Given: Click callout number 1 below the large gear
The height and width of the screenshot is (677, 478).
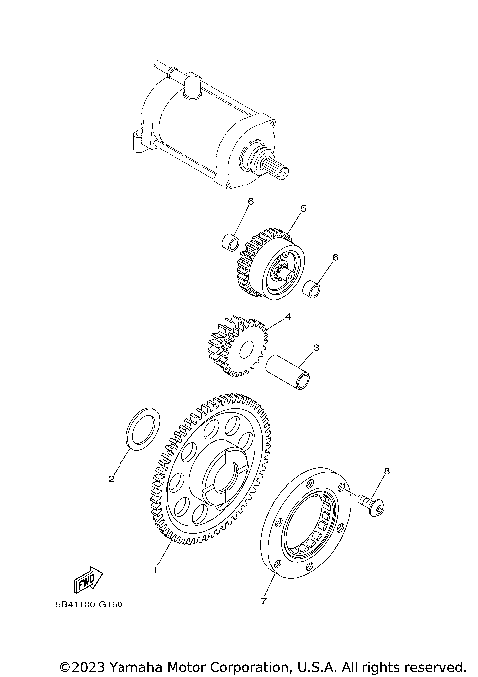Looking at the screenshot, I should tap(154, 570).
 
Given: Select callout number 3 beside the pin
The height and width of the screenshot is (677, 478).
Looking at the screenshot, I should tap(315, 348).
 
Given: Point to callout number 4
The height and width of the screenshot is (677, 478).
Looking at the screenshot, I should tap(288, 318).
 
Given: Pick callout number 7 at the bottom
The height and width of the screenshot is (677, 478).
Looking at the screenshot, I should tap(264, 602).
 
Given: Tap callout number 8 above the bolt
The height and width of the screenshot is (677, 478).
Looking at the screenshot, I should tap(387, 471).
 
